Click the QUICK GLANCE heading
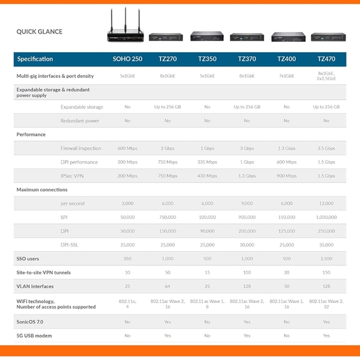(x=39, y=32)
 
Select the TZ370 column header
(x=247, y=59)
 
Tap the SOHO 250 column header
(x=127, y=59)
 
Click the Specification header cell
(x=35, y=59)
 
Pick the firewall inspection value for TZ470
(x=326, y=149)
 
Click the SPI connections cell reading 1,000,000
(x=326, y=217)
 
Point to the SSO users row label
(x=28, y=258)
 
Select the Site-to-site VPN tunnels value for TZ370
(x=247, y=273)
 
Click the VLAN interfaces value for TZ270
(x=167, y=286)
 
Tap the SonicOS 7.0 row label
(x=30, y=322)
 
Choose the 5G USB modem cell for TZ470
(x=326, y=335)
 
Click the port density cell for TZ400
(x=287, y=76)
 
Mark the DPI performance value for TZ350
(x=207, y=162)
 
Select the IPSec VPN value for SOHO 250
(x=127, y=176)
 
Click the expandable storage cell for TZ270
(x=167, y=107)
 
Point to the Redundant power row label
(x=80, y=121)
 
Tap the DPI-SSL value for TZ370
(x=247, y=245)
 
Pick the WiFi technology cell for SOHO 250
(x=127, y=304)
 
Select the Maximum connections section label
(x=42, y=190)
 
